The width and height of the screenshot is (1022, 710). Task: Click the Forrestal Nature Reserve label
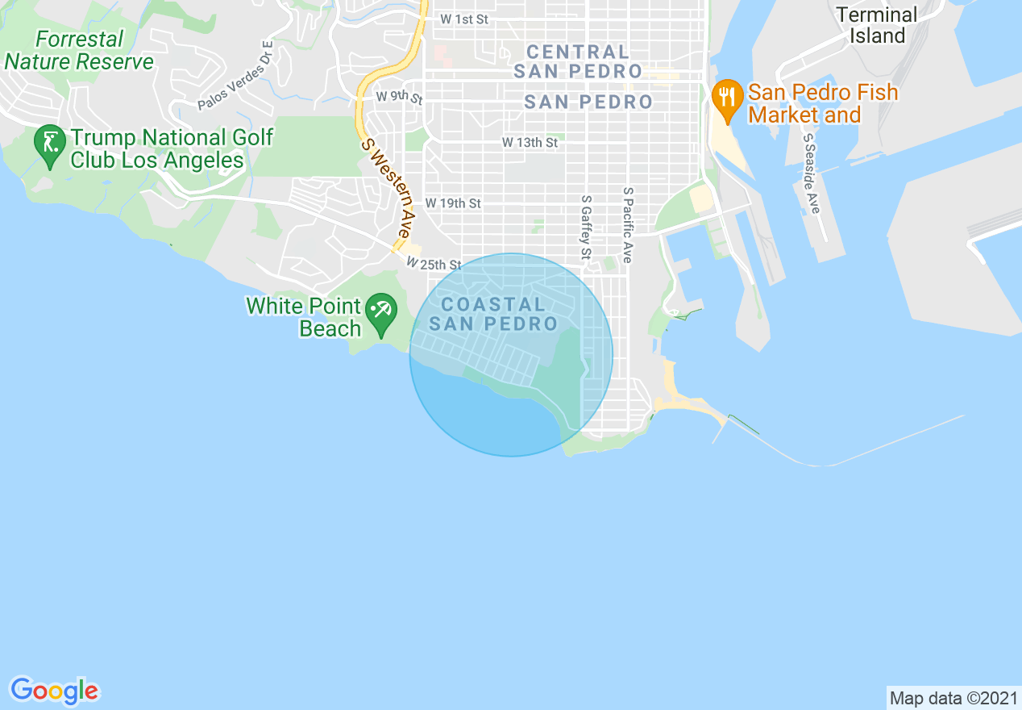pyautogui.click(x=79, y=50)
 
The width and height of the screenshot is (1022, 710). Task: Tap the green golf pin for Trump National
pyautogui.click(x=51, y=144)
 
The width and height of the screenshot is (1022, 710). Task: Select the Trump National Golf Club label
pyautogui.click(x=172, y=149)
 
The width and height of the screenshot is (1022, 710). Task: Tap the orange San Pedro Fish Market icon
pyautogui.click(x=727, y=98)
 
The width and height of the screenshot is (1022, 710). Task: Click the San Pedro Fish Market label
pyautogui.click(x=822, y=103)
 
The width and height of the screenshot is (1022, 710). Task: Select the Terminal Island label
pyautogui.click(x=876, y=25)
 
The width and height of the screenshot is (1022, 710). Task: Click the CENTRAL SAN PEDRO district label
pyautogui.click(x=578, y=61)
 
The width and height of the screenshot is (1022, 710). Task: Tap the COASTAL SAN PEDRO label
pyautogui.click(x=493, y=315)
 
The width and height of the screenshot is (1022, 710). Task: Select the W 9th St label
pyautogui.click(x=399, y=97)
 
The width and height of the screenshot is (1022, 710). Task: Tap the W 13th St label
pyautogui.click(x=530, y=142)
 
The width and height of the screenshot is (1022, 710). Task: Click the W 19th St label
pyautogui.click(x=453, y=203)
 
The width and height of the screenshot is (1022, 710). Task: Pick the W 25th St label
pyautogui.click(x=434, y=264)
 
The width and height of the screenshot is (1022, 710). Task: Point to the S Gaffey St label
pyautogui.click(x=586, y=228)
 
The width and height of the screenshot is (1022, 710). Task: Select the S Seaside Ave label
pyautogui.click(x=812, y=173)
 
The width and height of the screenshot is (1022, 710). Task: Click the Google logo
pyautogui.click(x=54, y=691)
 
